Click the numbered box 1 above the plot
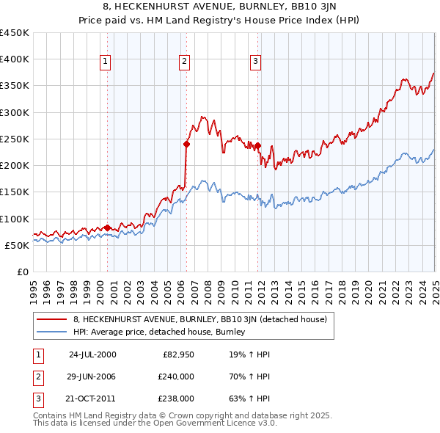pos(106,62)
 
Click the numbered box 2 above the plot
pos(184,62)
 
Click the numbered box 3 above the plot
pos(256,62)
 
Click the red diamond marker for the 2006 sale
pos(186,145)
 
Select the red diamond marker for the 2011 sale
pos(258,145)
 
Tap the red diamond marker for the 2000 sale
pos(107,228)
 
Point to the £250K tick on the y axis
pos(15,139)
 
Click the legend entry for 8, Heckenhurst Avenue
pos(204,319)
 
